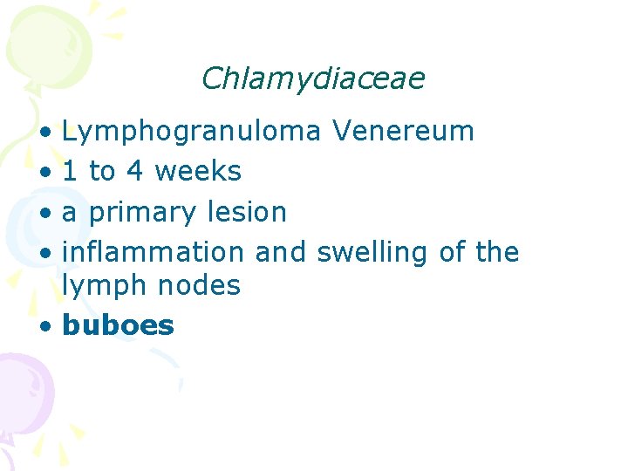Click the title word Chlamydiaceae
tap(312, 79)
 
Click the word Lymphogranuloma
tap(196, 133)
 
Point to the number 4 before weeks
tap(134, 171)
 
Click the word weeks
tap(198, 171)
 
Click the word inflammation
tap(154, 252)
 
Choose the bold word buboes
tap(119, 325)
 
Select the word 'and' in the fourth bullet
tap(281, 252)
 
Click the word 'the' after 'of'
tap(497, 252)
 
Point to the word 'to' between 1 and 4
tap(102, 172)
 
